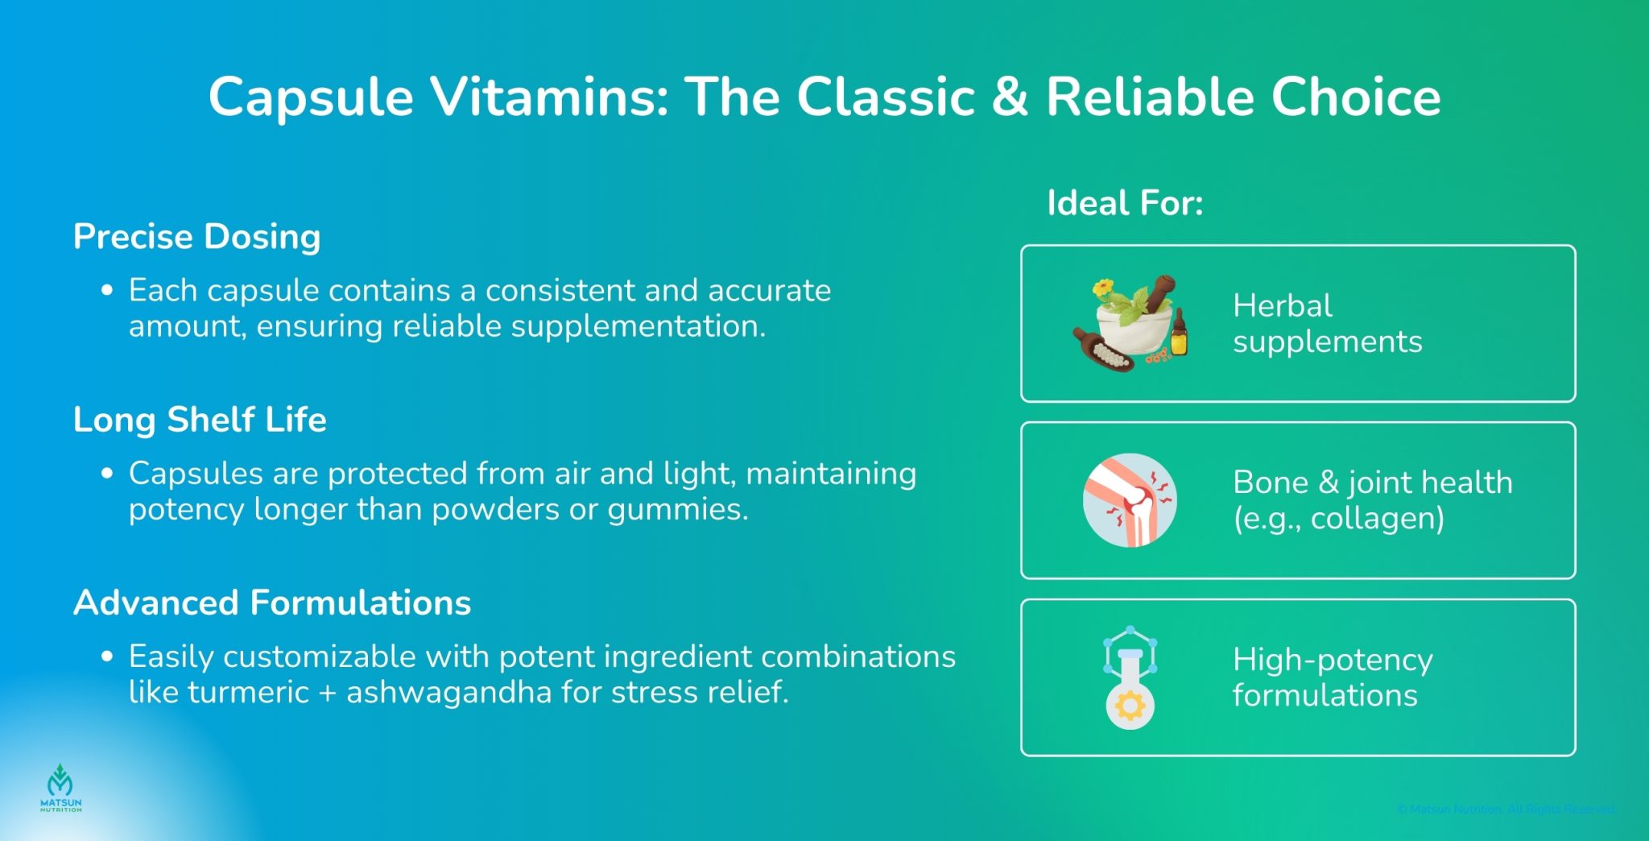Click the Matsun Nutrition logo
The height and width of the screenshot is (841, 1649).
[60, 788]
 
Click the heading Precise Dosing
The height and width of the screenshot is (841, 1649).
[196, 237]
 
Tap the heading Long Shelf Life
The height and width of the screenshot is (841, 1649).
[200, 420]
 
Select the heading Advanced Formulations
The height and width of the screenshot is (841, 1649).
[272, 603]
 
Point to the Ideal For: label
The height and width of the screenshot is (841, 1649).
[1125, 202]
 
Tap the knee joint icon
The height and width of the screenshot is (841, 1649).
[1130, 500]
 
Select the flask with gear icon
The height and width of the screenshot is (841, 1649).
[1130, 678]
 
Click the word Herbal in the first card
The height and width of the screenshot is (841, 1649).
[1282, 306]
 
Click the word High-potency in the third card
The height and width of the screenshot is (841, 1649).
[1333, 660]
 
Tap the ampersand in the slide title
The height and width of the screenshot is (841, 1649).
[1010, 97]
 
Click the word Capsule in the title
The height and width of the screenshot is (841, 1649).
[311, 97]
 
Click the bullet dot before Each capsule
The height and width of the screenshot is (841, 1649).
[107, 290]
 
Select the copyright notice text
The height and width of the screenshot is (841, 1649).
[1506, 809]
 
